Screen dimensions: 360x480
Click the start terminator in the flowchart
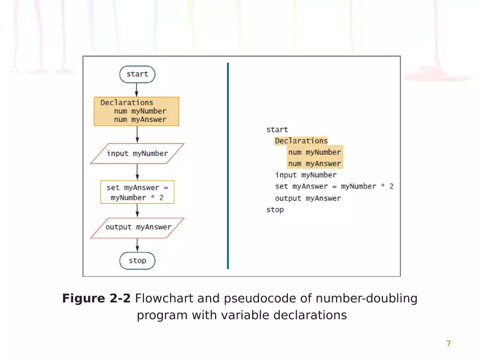pyautogui.click(x=137, y=74)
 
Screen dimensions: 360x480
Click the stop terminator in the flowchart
pyautogui.click(x=137, y=261)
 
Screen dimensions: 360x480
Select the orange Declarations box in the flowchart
pyautogui.click(x=136, y=111)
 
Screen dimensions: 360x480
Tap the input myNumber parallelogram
pyautogui.click(x=137, y=153)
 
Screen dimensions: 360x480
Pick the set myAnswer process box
pyautogui.click(x=137, y=192)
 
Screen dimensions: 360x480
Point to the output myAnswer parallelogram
pyautogui.click(x=137, y=227)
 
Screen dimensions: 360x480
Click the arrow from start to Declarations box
pyautogui.click(x=137, y=90)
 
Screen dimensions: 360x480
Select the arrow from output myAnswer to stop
pyautogui.click(x=137, y=245)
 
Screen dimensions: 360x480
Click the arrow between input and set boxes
pyautogui.click(x=137, y=172)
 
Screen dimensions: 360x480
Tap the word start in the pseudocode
pyautogui.click(x=277, y=130)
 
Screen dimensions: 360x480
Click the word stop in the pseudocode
pyautogui.click(x=275, y=209)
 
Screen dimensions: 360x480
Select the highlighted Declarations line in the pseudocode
pyautogui.click(x=301, y=141)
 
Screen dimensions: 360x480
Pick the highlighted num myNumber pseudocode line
pyautogui.click(x=314, y=152)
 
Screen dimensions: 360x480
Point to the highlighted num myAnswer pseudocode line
pyautogui.click(x=314, y=164)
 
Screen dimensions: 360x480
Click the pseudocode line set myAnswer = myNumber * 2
pyautogui.click(x=334, y=187)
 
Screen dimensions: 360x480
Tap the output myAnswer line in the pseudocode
pyautogui.click(x=308, y=198)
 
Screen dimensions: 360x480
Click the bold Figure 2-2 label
pyautogui.click(x=96, y=299)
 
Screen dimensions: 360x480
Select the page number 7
pyautogui.click(x=448, y=344)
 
